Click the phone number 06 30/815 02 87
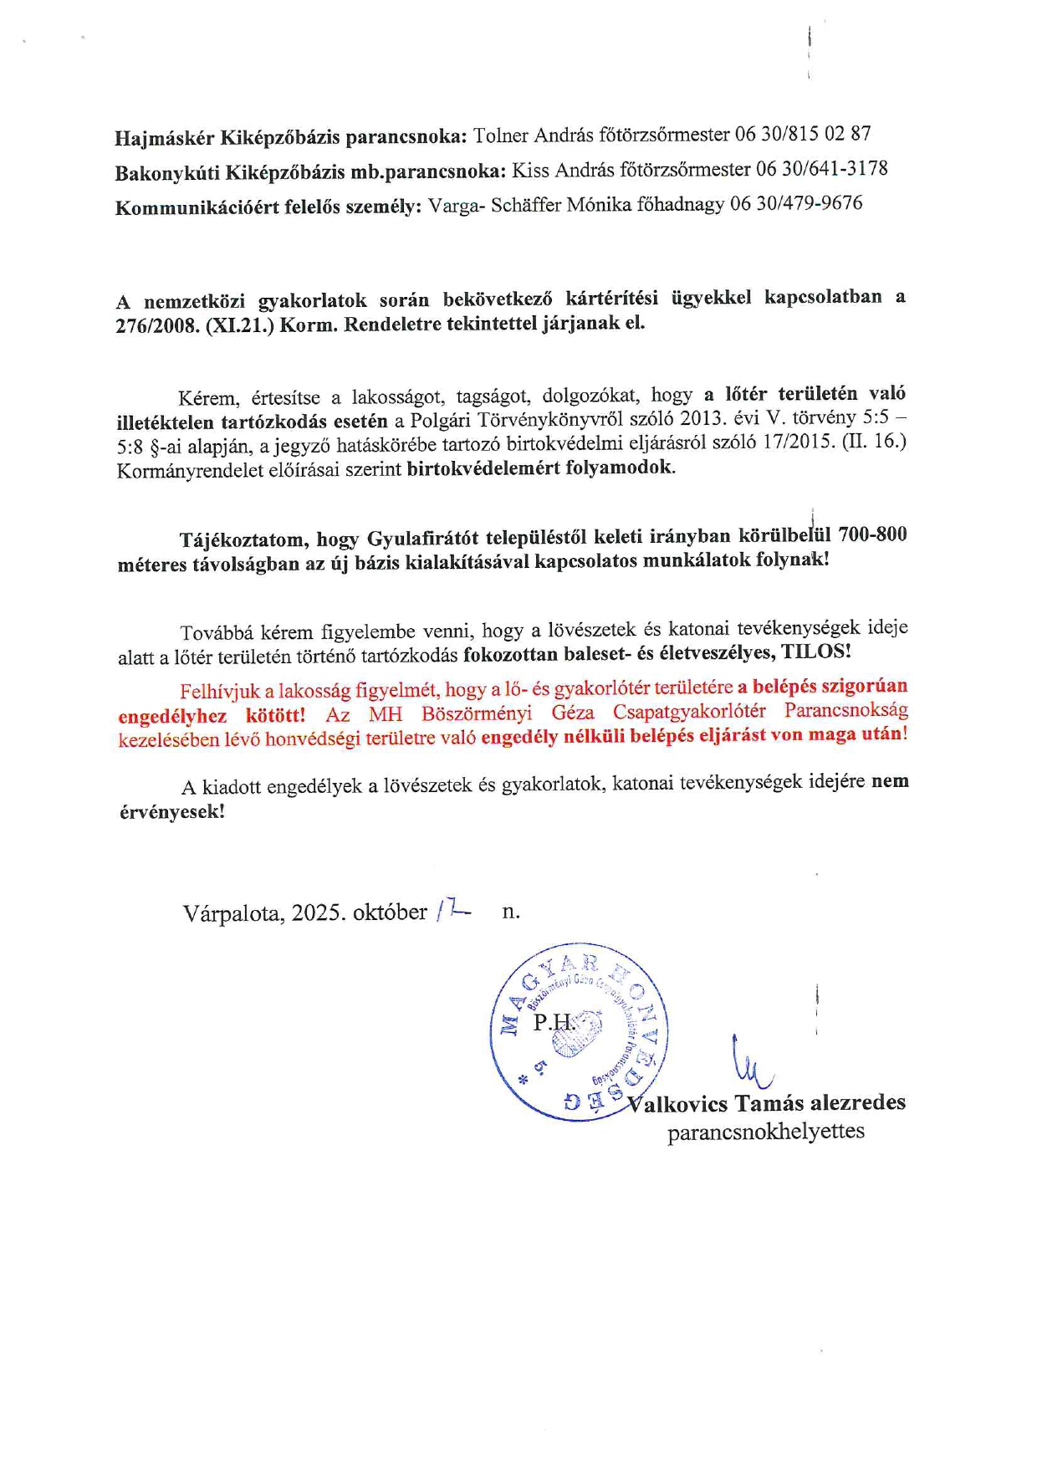[x=803, y=134]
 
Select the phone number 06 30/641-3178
[x=822, y=169]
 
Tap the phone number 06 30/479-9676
[x=796, y=203]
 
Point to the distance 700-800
[x=872, y=534]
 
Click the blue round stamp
[x=578, y=1034]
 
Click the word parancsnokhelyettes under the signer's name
[x=765, y=1132]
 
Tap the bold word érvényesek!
[x=171, y=811]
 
